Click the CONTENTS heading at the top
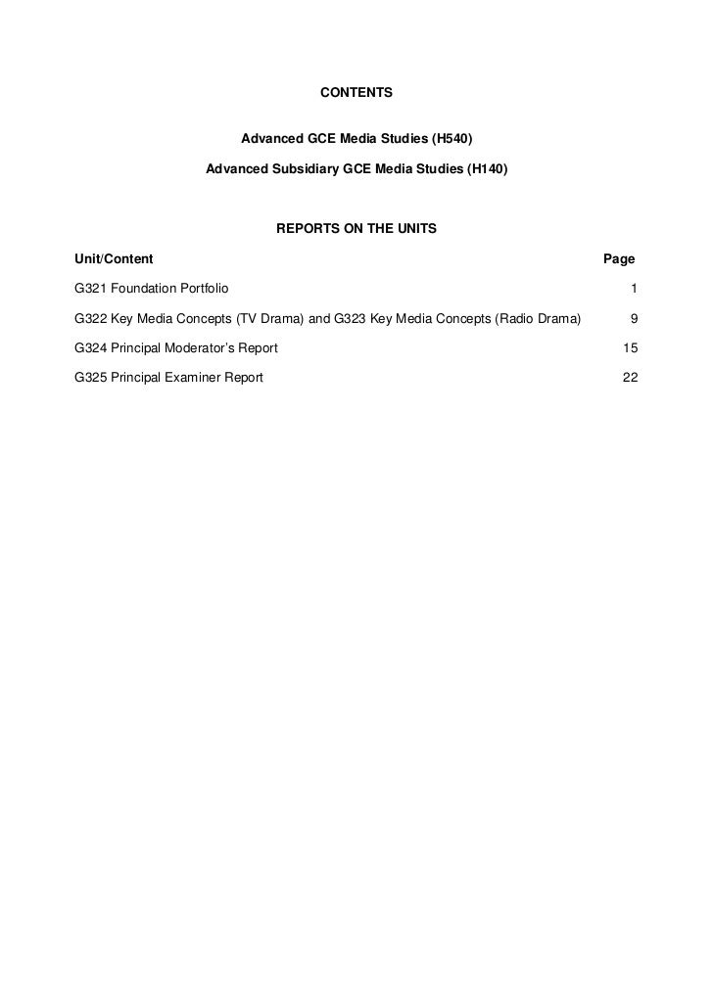point(357,93)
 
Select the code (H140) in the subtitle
point(487,168)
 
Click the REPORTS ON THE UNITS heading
point(357,229)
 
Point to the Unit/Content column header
point(114,259)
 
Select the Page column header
point(619,259)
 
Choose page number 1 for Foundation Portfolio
point(635,289)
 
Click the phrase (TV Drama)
point(264,318)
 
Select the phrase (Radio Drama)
point(538,318)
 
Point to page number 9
point(635,318)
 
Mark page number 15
point(631,347)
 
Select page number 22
point(631,377)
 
